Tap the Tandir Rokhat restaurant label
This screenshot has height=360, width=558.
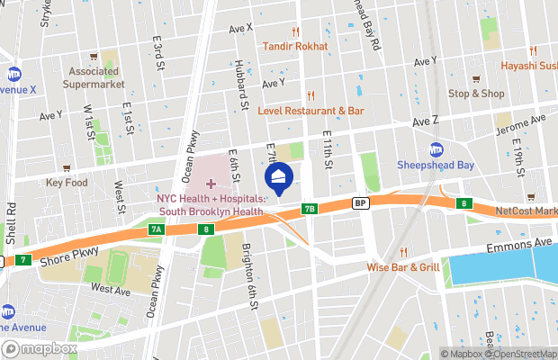pyautogui.click(x=295, y=46)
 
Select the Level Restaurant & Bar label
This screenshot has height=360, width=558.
pyautogui.click(x=310, y=111)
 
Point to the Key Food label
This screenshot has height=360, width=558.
pyautogui.click(x=67, y=182)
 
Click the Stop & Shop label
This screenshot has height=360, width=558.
pyautogui.click(x=476, y=93)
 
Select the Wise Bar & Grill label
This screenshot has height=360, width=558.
pyautogui.click(x=402, y=267)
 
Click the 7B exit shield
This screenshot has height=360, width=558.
pyautogui.click(x=310, y=209)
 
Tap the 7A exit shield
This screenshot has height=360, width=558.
pyautogui.click(x=156, y=230)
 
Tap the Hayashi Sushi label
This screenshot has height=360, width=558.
pyautogui.click(x=530, y=64)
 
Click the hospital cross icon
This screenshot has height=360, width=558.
pyautogui.click(x=211, y=184)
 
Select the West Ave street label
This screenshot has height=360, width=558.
pyautogui.click(x=110, y=288)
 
